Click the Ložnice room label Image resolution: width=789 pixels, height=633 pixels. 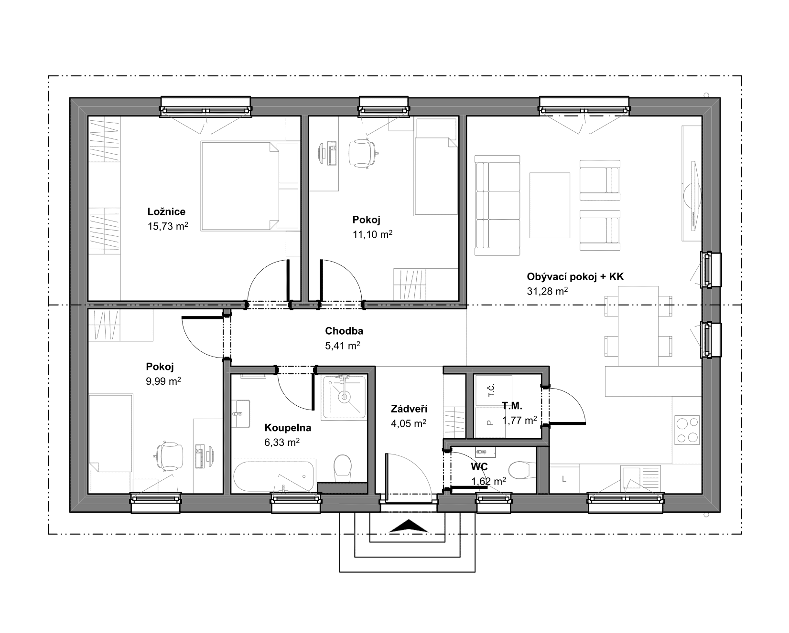166,211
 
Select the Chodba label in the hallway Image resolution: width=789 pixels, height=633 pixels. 344,331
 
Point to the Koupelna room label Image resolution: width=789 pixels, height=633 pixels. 288,428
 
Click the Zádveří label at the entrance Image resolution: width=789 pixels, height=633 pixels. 409,409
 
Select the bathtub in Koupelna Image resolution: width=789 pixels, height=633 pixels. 274,475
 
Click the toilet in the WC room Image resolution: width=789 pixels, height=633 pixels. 521,470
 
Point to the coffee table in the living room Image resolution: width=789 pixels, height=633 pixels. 550,205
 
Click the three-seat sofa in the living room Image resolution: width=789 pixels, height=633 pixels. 497,205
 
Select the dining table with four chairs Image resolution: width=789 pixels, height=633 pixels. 638,326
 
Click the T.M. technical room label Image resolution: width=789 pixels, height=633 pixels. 512,406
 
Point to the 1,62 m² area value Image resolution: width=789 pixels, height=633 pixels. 489,481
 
